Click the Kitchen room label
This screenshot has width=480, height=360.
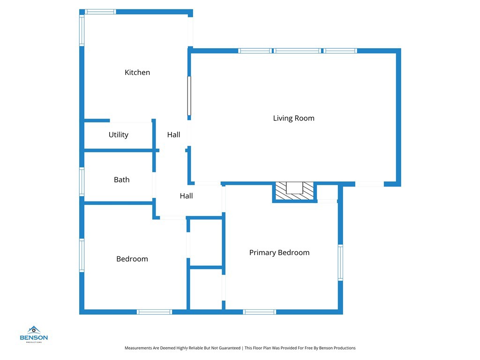point(137,72)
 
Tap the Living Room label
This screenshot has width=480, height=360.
point(293,118)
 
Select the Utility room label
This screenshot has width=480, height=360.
point(118,135)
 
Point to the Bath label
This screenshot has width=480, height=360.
point(121,180)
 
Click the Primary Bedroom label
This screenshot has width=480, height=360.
point(279,253)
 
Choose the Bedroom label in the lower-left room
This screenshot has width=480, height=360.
point(132,259)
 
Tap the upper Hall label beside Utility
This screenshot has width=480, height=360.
point(173,135)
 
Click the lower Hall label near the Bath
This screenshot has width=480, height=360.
point(186,196)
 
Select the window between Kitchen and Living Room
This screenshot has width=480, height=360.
point(189,96)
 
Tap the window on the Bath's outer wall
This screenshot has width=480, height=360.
point(82,182)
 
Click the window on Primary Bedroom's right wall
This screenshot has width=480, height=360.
point(340,263)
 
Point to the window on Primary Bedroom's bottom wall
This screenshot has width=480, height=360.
point(259,312)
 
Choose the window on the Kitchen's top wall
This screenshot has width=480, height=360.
point(100,12)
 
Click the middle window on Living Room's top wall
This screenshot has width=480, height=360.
point(298,51)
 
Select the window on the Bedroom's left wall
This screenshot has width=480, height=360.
point(82,255)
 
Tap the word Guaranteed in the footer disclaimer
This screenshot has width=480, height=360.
point(227,348)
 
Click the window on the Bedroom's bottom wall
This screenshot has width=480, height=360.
point(154,312)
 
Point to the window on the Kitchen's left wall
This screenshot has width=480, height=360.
point(82,31)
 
